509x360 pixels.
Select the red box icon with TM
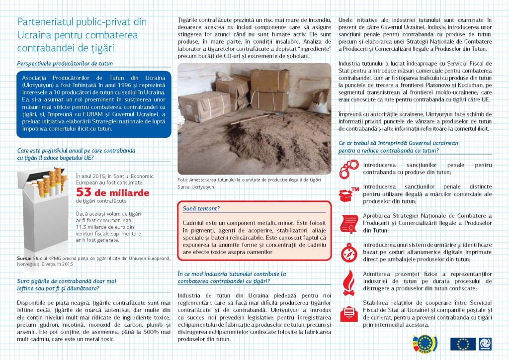[x=348, y=194]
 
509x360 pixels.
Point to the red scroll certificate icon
[x=348, y=221]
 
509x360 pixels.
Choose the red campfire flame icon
[x=348, y=280]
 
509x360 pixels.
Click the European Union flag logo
[x=462, y=344]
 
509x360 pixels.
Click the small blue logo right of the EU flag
[x=486, y=344]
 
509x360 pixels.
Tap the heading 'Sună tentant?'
[x=201, y=208]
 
